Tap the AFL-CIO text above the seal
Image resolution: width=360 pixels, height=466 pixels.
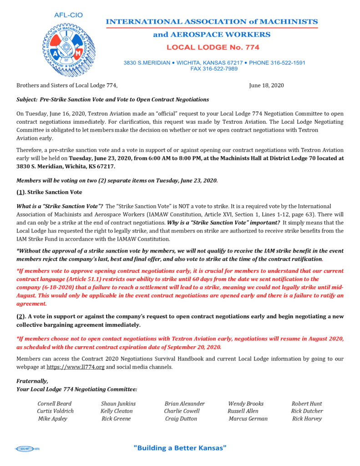66,15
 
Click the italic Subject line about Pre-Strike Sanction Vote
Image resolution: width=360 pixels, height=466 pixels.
112,99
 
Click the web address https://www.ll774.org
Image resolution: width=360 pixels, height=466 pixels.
76,367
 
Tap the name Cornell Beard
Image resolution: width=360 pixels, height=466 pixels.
54,404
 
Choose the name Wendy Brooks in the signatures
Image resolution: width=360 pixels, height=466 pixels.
245,404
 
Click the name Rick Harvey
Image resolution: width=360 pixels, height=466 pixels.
307,419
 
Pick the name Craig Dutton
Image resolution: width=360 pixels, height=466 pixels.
181,419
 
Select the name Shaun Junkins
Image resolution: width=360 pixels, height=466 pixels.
118,404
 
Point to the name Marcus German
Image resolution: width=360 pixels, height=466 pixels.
248,419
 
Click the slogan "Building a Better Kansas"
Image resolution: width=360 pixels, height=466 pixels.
180,448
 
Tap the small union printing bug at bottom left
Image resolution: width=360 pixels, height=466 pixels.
28,449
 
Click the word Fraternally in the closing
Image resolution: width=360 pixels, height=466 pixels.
32,381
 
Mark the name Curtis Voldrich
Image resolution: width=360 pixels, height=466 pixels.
55,411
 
